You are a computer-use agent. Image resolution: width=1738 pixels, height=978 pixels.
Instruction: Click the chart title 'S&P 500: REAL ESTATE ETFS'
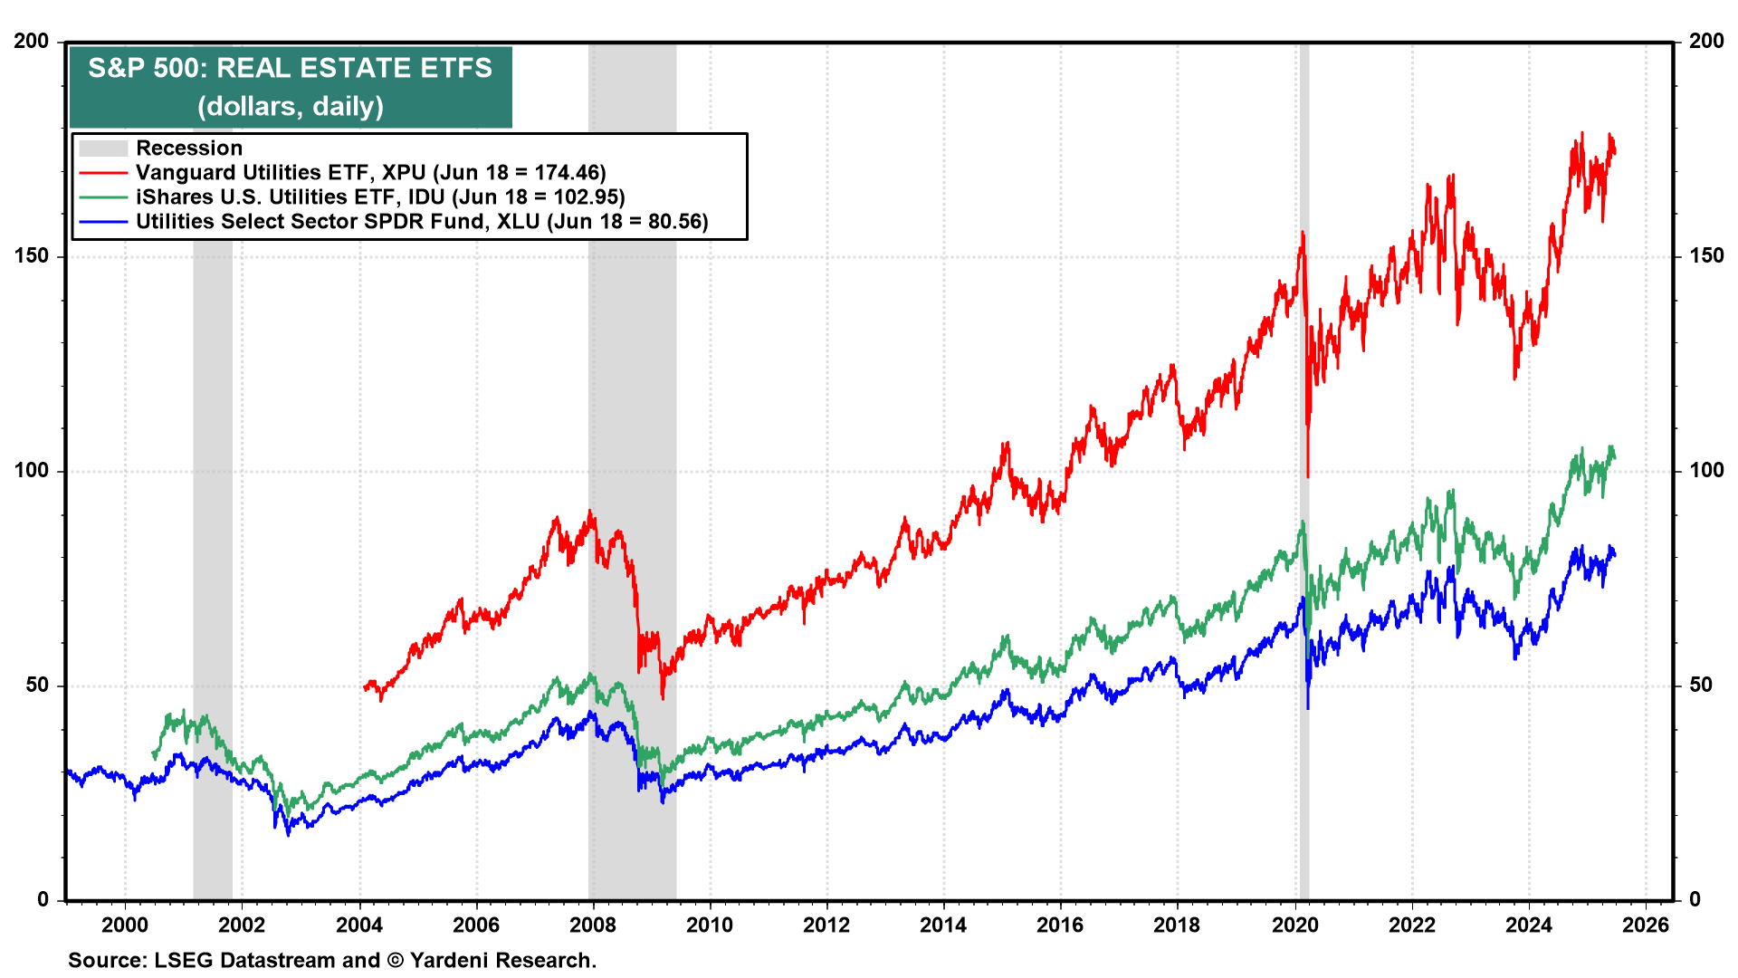click(290, 68)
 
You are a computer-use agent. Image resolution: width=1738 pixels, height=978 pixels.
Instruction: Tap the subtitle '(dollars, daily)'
click(290, 107)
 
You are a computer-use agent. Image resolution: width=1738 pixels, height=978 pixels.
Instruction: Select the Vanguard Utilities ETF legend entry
click(370, 173)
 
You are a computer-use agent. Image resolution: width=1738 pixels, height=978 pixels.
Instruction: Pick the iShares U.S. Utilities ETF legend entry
click(380, 197)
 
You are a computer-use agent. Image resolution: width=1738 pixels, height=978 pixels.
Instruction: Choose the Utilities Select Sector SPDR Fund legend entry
click(422, 222)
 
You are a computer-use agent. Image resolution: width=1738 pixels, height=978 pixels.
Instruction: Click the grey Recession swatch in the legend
click(102, 149)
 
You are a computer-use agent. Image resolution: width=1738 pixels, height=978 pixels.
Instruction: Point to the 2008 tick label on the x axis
click(593, 925)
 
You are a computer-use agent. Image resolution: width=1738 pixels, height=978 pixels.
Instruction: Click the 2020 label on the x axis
click(1295, 925)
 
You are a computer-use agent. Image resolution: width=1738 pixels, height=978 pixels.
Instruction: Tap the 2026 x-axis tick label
click(1646, 925)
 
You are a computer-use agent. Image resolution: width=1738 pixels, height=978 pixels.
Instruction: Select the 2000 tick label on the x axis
click(125, 925)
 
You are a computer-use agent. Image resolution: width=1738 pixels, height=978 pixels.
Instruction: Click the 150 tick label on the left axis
click(32, 256)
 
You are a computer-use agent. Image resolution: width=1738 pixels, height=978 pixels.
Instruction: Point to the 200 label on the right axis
click(1706, 42)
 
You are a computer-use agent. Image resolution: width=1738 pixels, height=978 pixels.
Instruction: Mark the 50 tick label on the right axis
click(1701, 686)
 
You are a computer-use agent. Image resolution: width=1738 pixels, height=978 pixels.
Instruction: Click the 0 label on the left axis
click(43, 900)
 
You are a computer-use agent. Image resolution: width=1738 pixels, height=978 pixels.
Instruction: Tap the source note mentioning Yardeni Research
click(332, 960)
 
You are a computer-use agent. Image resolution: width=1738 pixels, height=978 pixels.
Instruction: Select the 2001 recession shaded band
click(213, 453)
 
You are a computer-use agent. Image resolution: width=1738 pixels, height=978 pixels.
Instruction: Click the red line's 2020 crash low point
click(1307, 475)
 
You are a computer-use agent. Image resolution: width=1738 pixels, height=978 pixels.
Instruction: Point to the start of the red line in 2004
click(365, 688)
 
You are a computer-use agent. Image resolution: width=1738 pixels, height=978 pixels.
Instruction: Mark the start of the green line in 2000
click(153, 756)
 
